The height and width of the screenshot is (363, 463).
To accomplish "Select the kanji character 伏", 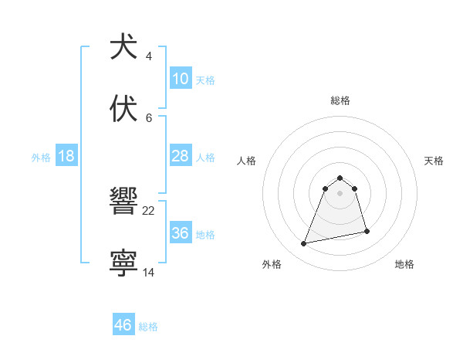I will pos(123,108).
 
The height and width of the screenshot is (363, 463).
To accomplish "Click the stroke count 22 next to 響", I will pos(149,210).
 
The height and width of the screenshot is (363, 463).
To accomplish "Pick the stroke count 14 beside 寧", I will pos(149,273).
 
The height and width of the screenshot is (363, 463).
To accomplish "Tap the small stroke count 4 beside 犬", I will pos(149,56).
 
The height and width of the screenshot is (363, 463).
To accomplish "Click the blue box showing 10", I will pos(180,79).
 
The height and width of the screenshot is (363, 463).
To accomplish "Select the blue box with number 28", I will pos(180,156).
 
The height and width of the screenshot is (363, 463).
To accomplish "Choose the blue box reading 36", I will pos(180,233).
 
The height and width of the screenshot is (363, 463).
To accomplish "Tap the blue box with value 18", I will pos(66,156).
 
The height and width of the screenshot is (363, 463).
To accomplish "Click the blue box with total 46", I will pos(123,325).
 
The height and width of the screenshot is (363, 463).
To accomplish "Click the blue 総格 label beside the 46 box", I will pos(148,327).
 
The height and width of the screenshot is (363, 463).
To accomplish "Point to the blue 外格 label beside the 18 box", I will pos(41,158).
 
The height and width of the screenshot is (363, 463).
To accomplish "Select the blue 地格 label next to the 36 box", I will pos(205,235).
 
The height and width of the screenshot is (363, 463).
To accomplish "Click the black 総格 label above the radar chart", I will pos(340,100).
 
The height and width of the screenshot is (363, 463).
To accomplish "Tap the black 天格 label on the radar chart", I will pos(434,161).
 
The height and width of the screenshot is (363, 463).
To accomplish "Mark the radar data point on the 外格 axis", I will pos(304,244).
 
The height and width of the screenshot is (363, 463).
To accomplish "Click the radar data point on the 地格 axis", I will pos(367,231).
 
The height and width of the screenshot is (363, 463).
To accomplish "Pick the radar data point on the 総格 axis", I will pos(340,176).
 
